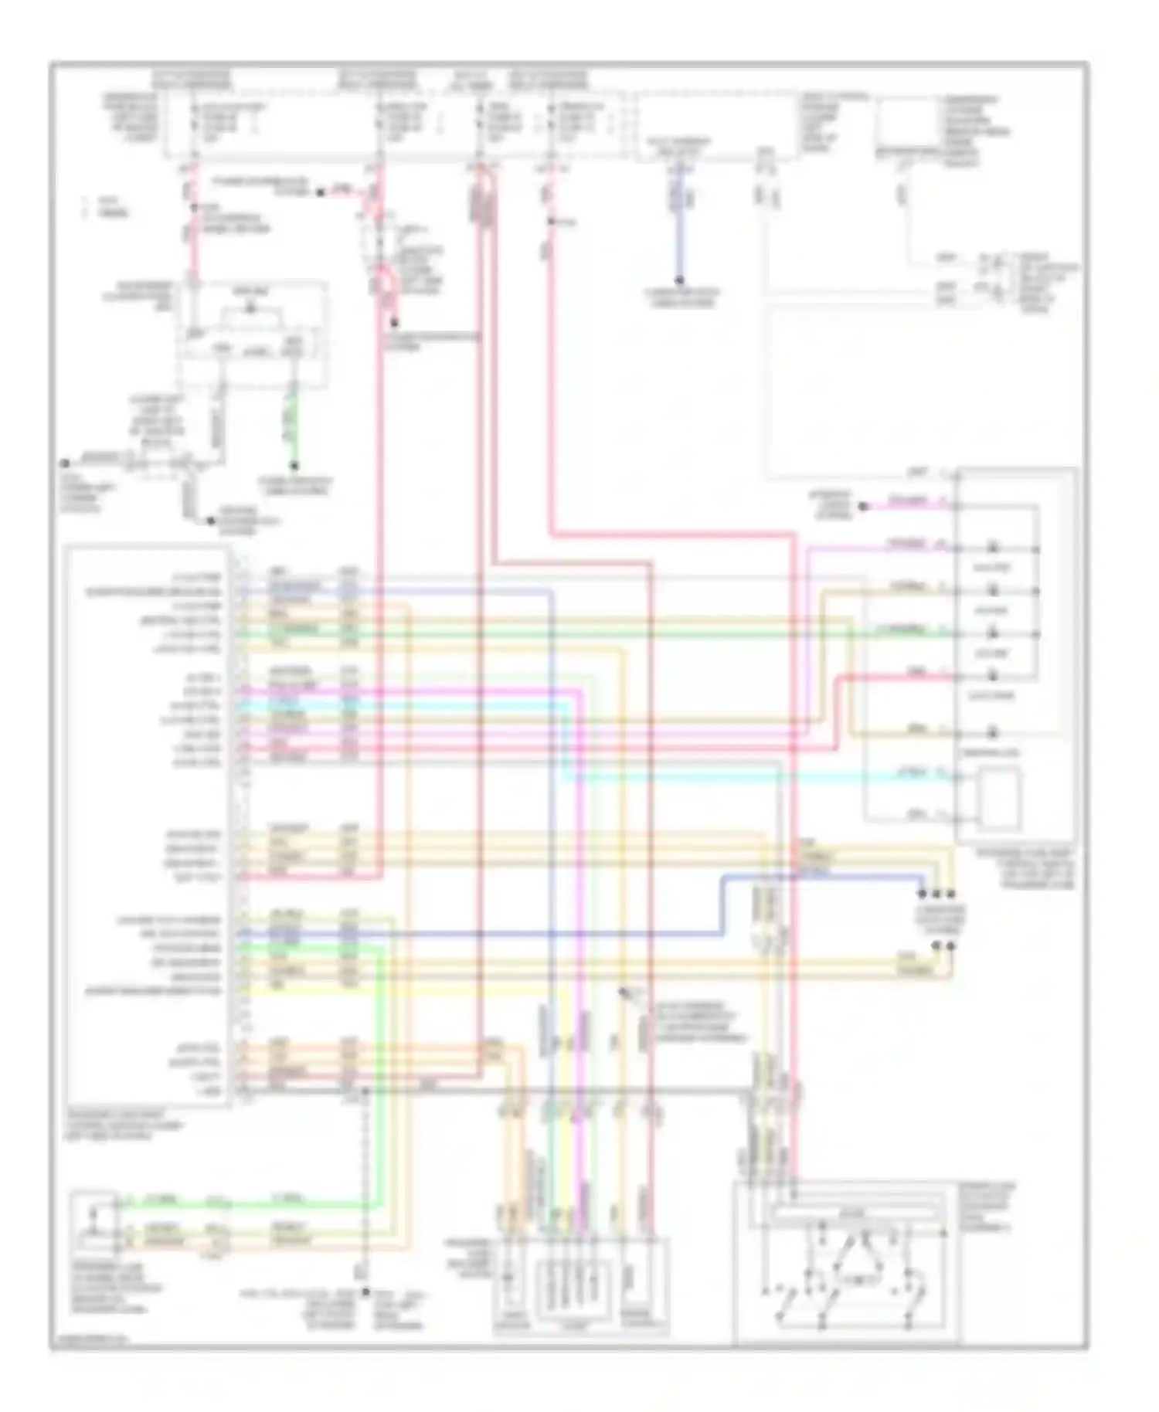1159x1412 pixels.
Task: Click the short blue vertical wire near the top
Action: (x=680, y=232)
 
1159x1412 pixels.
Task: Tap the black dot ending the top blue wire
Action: (x=680, y=281)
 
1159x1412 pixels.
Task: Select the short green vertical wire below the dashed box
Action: (x=294, y=425)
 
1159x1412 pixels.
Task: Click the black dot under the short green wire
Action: (x=294, y=466)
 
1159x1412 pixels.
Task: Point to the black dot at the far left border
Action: (x=65, y=463)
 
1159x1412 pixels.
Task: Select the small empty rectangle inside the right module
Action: (x=1000, y=797)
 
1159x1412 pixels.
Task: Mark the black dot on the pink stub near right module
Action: (x=865, y=507)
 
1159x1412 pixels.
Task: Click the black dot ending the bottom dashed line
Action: (x=365, y=1291)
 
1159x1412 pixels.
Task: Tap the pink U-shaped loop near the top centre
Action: (x=382, y=286)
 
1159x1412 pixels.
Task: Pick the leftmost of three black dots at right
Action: (x=922, y=894)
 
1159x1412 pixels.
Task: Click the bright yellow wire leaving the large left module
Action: (x=325, y=989)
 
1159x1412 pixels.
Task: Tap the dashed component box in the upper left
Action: (x=251, y=332)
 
